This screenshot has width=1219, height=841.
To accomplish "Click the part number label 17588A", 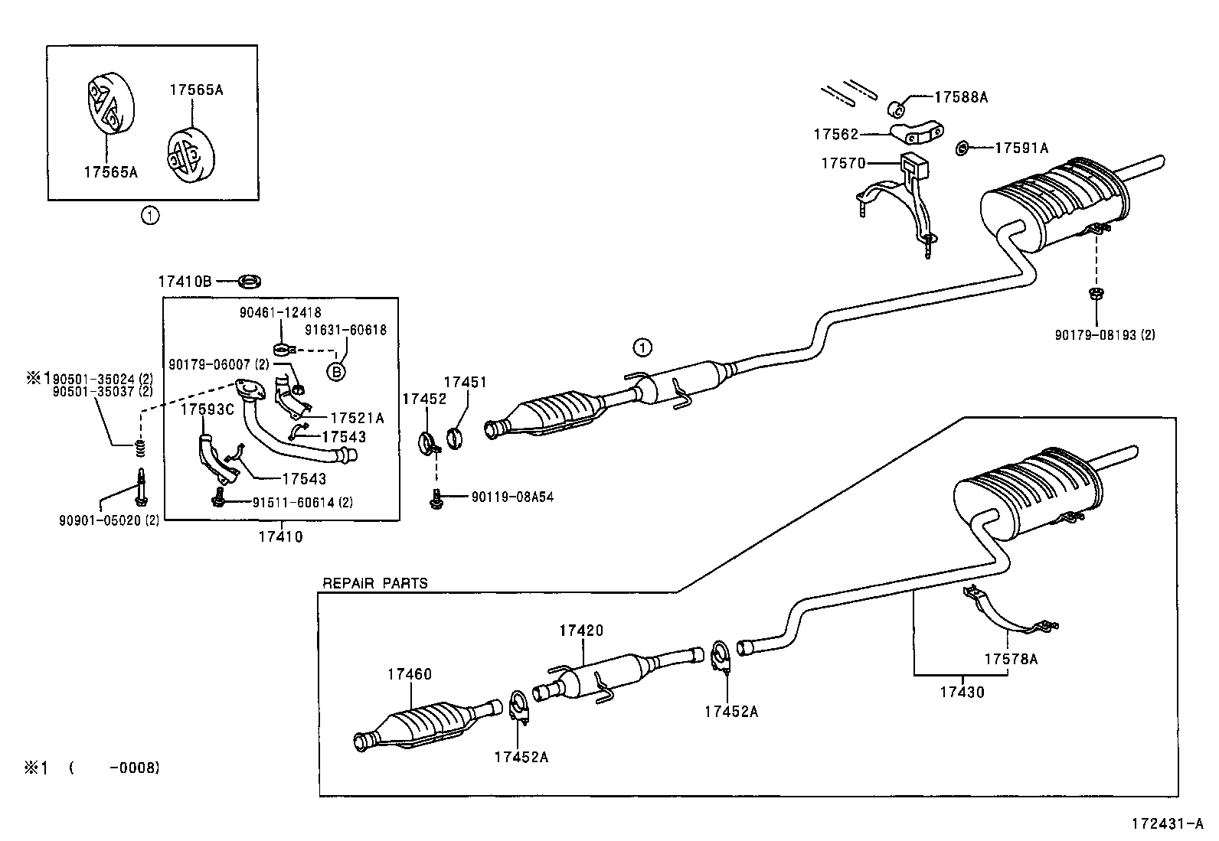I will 961,97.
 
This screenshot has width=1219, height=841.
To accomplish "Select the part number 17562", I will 835,135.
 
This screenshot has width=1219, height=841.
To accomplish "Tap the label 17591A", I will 1021,148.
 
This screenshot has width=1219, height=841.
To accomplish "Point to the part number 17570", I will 843,163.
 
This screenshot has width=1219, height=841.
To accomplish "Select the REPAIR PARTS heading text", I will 374,583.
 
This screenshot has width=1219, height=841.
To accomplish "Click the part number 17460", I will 409,674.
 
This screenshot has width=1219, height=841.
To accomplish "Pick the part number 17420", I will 580,631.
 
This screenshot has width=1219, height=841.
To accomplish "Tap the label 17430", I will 962,692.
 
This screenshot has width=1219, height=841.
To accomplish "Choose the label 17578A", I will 1011,659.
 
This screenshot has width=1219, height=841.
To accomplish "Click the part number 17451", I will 466,382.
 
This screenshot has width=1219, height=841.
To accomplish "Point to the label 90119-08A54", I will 512,497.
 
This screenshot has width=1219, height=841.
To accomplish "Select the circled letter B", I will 335,372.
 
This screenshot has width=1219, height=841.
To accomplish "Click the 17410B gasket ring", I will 249,281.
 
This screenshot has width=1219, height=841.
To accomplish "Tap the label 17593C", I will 207,409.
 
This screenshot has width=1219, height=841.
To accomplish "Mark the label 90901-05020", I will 109,520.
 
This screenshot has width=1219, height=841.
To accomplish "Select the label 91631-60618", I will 345,330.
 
